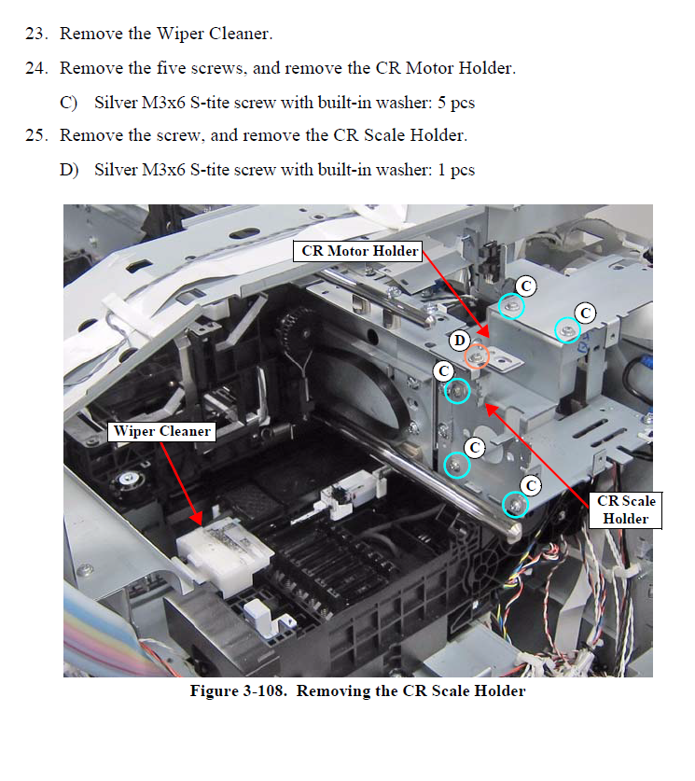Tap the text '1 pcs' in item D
tap(455, 169)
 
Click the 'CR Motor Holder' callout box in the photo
tap(357, 250)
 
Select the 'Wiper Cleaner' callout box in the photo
tap(160, 431)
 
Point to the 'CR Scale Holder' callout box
tap(625, 509)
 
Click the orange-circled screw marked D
tap(478, 356)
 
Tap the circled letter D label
tap(460, 342)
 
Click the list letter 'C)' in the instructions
tap(69, 102)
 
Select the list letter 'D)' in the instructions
tap(69, 169)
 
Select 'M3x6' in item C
tap(169, 102)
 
